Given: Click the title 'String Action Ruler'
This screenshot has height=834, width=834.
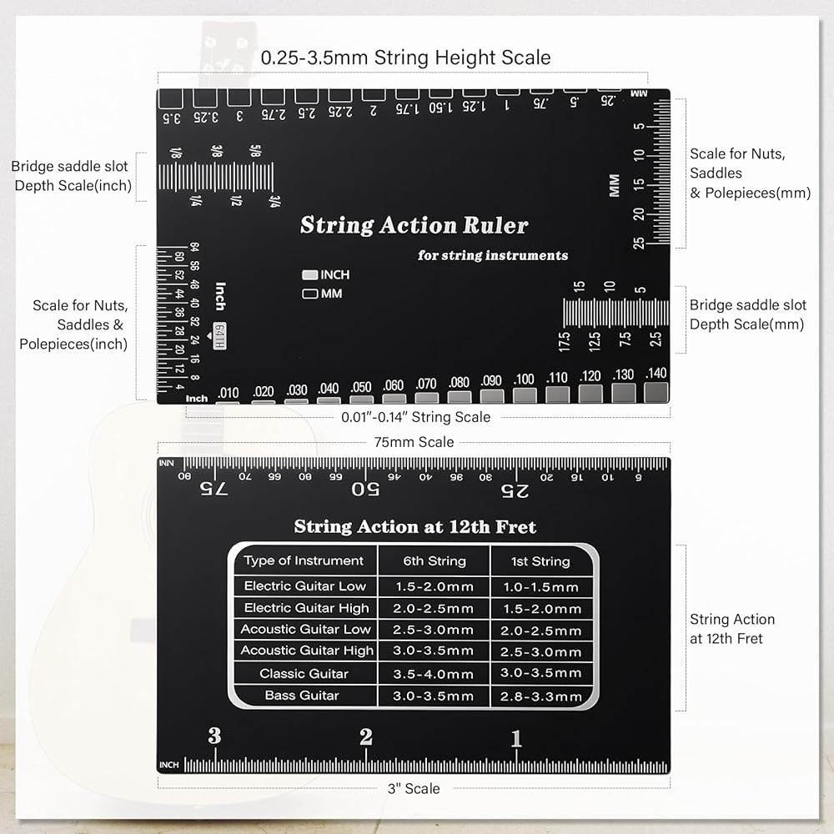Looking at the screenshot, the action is [414, 225].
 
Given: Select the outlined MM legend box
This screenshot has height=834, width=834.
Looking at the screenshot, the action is [309, 294].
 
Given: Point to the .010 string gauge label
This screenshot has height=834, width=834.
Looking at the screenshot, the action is [228, 393].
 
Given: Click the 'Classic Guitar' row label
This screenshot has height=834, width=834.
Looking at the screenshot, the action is [304, 673].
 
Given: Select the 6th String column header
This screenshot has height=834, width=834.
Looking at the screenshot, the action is [434, 561].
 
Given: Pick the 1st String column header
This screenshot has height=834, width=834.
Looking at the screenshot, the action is [540, 561].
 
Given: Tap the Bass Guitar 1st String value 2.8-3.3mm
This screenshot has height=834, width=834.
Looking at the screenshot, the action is [540, 696].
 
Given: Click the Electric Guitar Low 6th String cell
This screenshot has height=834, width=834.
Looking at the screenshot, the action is [434, 586].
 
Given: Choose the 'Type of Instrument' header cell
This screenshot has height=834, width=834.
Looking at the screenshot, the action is [304, 560].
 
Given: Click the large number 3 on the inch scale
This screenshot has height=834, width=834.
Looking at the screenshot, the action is [214, 736].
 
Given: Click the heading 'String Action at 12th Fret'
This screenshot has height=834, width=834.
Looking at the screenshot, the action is [414, 527].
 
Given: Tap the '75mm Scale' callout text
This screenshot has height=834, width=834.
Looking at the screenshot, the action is [414, 442].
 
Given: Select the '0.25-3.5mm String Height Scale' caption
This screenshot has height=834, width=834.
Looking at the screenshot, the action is [405, 58].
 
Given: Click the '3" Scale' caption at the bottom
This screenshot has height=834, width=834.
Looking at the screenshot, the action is [414, 788].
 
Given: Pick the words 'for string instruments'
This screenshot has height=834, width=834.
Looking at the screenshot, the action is [493, 255].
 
